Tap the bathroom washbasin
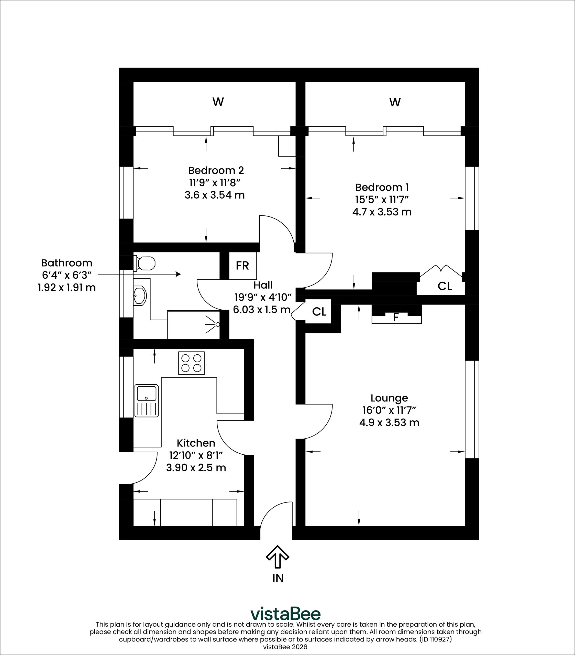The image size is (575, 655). pyautogui.click(x=140, y=296)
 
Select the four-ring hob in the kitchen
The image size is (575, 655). pyautogui.click(x=191, y=363)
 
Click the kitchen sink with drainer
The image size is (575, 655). pyautogui.click(x=146, y=401)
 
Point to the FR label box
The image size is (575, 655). pyautogui.click(x=242, y=266)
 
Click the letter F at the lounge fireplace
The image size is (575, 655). pyautogui.click(x=396, y=318)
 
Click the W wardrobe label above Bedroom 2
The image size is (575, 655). pyautogui.click(x=218, y=102)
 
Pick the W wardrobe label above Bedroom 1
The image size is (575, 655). pyautogui.click(x=395, y=102)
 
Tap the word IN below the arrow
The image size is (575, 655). pyautogui.click(x=278, y=578)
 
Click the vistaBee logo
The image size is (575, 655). pyautogui.click(x=285, y=614)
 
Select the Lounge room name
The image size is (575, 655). pyautogui.click(x=389, y=398)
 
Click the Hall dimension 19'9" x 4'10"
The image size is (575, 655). pyautogui.click(x=263, y=297)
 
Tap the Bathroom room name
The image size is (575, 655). pyautogui.click(x=67, y=263)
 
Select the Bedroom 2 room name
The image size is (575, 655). pyautogui.click(x=216, y=170)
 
